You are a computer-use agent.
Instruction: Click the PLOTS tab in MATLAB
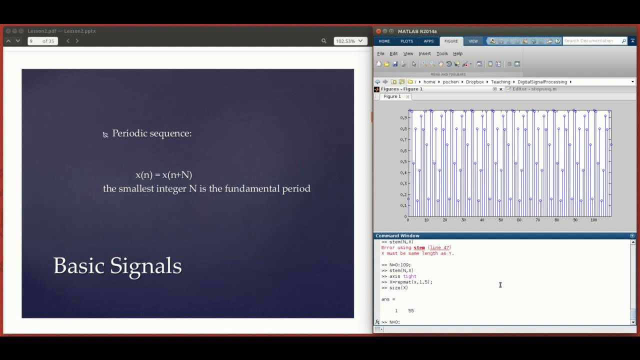point(406,41)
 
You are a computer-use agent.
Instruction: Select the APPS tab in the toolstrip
point(428,41)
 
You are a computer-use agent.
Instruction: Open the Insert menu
point(424,53)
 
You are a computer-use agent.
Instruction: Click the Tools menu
point(442,53)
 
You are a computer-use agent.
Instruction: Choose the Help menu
point(457,53)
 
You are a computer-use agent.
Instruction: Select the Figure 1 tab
point(392,96)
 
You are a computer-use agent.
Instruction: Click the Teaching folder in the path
point(500,81)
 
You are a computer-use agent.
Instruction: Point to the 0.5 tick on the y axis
point(403,161)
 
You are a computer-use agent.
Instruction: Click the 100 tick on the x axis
point(593,220)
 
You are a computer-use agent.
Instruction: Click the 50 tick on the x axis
point(500,220)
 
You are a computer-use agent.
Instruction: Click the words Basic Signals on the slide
point(117,265)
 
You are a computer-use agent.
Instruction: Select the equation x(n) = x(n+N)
point(163,174)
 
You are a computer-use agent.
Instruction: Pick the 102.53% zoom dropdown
point(350,41)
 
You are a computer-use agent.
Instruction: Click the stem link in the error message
point(419,247)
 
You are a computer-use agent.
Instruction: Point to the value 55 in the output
point(411,310)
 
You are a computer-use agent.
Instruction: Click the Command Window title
point(397,235)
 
